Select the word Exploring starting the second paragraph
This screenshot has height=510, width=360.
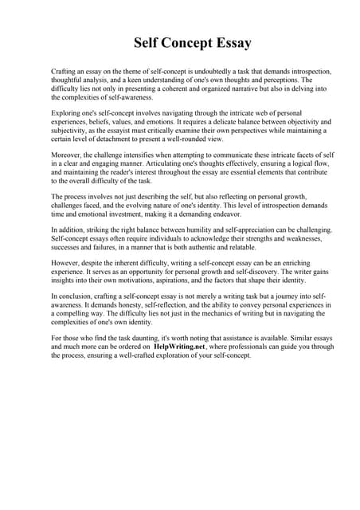(x=66, y=113)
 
